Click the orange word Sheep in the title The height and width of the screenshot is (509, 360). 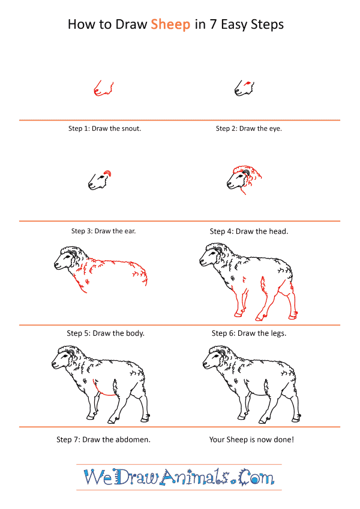pyautogui.click(x=170, y=25)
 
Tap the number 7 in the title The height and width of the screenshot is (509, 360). pyautogui.click(x=213, y=25)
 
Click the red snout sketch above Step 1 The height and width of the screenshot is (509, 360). pyautogui.click(x=104, y=88)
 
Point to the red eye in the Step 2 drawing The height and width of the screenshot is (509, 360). pyautogui.click(x=248, y=83)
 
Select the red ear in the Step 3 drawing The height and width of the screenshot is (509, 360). pyautogui.click(x=107, y=173)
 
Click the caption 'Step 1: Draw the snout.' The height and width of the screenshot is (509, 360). pyautogui.click(x=104, y=128)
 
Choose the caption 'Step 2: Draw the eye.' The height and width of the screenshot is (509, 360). pyautogui.click(x=249, y=128)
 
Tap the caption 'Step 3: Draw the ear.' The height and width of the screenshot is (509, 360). pyautogui.click(x=103, y=231)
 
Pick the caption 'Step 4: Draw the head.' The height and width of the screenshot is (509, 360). pyautogui.click(x=249, y=231)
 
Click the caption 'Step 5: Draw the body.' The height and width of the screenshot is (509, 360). pyautogui.click(x=106, y=333)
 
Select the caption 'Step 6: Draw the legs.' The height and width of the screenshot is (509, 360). pyautogui.click(x=249, y=333)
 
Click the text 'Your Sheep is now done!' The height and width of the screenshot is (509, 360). pyautogui.click(x=251, y=439)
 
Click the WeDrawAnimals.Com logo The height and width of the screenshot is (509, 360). pyautogui.click(x=179, y=477)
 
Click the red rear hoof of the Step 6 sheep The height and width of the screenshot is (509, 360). pyautogui.click(x=293, y=317)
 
